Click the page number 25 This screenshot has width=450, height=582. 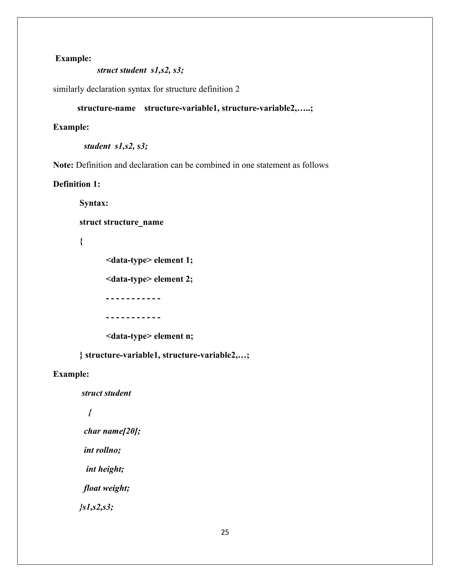point(225,532)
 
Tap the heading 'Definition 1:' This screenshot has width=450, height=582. point(76,184)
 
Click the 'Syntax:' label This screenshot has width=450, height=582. point(94,203)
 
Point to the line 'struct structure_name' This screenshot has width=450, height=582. point(121,222)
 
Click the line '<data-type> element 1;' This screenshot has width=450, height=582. point(149,260)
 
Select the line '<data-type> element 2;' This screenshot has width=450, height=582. point(149,279)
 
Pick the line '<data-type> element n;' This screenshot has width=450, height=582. point(149,336)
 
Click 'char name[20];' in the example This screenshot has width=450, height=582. point(112,431)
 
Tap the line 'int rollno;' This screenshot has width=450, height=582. point(102,450)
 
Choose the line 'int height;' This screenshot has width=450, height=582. point(105,469)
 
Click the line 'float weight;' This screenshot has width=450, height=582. point(106,488)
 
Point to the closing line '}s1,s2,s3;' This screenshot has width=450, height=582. point(96,507)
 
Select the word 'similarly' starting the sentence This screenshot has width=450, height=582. point(69,89)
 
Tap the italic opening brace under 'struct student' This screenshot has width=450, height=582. point(90,412)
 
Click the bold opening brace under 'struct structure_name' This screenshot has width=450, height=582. point(81,241)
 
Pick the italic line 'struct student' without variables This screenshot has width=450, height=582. point(106,393)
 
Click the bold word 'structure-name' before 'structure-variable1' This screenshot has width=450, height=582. point(106,108)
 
